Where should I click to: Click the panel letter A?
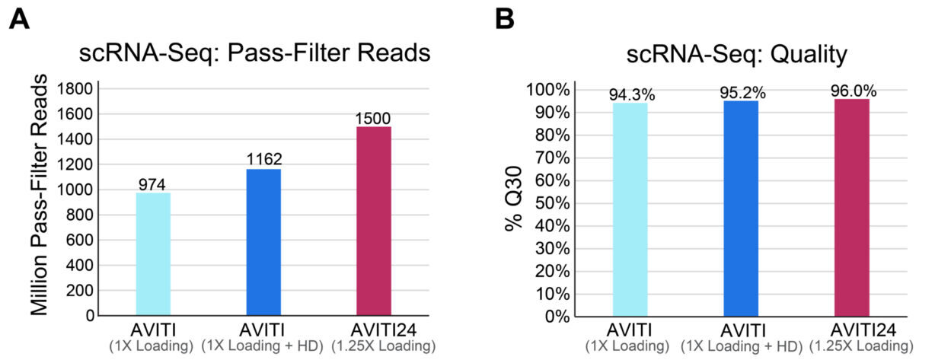tap(20, 19)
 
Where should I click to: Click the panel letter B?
tap(504, 19)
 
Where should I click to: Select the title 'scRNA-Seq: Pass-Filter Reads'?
tap(255, 55)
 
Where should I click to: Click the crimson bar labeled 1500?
tap(374, 221)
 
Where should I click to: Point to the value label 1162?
tap(263, 159)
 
